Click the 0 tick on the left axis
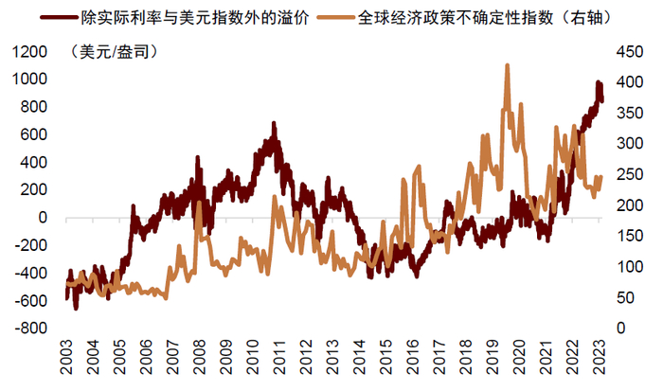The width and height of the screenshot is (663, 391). [42, 218]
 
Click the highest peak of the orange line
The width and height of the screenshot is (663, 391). [508, 65]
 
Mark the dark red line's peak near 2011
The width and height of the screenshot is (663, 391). [274, 123]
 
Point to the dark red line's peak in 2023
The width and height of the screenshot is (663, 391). [598, 83]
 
